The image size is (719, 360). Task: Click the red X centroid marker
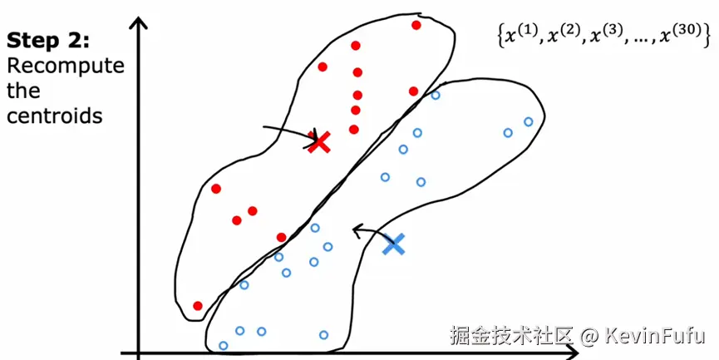(x=318, y=141)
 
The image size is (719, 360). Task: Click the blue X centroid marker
(x=394, y=244)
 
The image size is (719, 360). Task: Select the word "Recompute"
(x=65, y=66)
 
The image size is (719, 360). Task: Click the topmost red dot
(x=416, y=25)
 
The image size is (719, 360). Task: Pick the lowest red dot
(x=198, y=306)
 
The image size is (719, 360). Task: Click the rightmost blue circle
(x=529, y=122)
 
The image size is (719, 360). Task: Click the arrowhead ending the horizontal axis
(x=573, y=353)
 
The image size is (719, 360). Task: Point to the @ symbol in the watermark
(x=588, y=336)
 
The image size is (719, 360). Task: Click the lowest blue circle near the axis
(x=223, y=346)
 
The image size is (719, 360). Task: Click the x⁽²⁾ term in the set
(x=567, y=37)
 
